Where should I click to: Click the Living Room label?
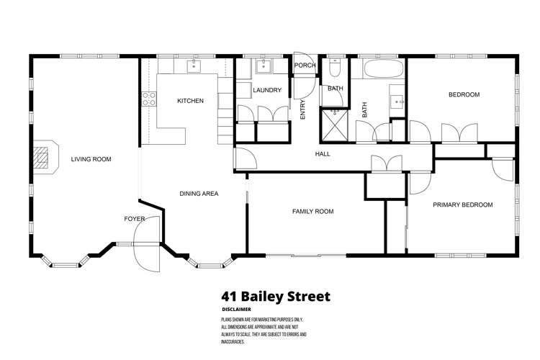91,159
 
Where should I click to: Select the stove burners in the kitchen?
149,99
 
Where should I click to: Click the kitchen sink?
194,67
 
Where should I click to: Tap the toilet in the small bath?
335,68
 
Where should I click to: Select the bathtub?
380,70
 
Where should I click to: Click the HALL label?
323,154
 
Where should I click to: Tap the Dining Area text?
199,193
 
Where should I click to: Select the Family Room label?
312,211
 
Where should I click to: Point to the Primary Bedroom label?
462,205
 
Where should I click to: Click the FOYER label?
135,218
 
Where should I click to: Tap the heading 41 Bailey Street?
276,296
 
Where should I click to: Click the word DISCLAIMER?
238,310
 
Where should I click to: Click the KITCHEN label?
190,101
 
